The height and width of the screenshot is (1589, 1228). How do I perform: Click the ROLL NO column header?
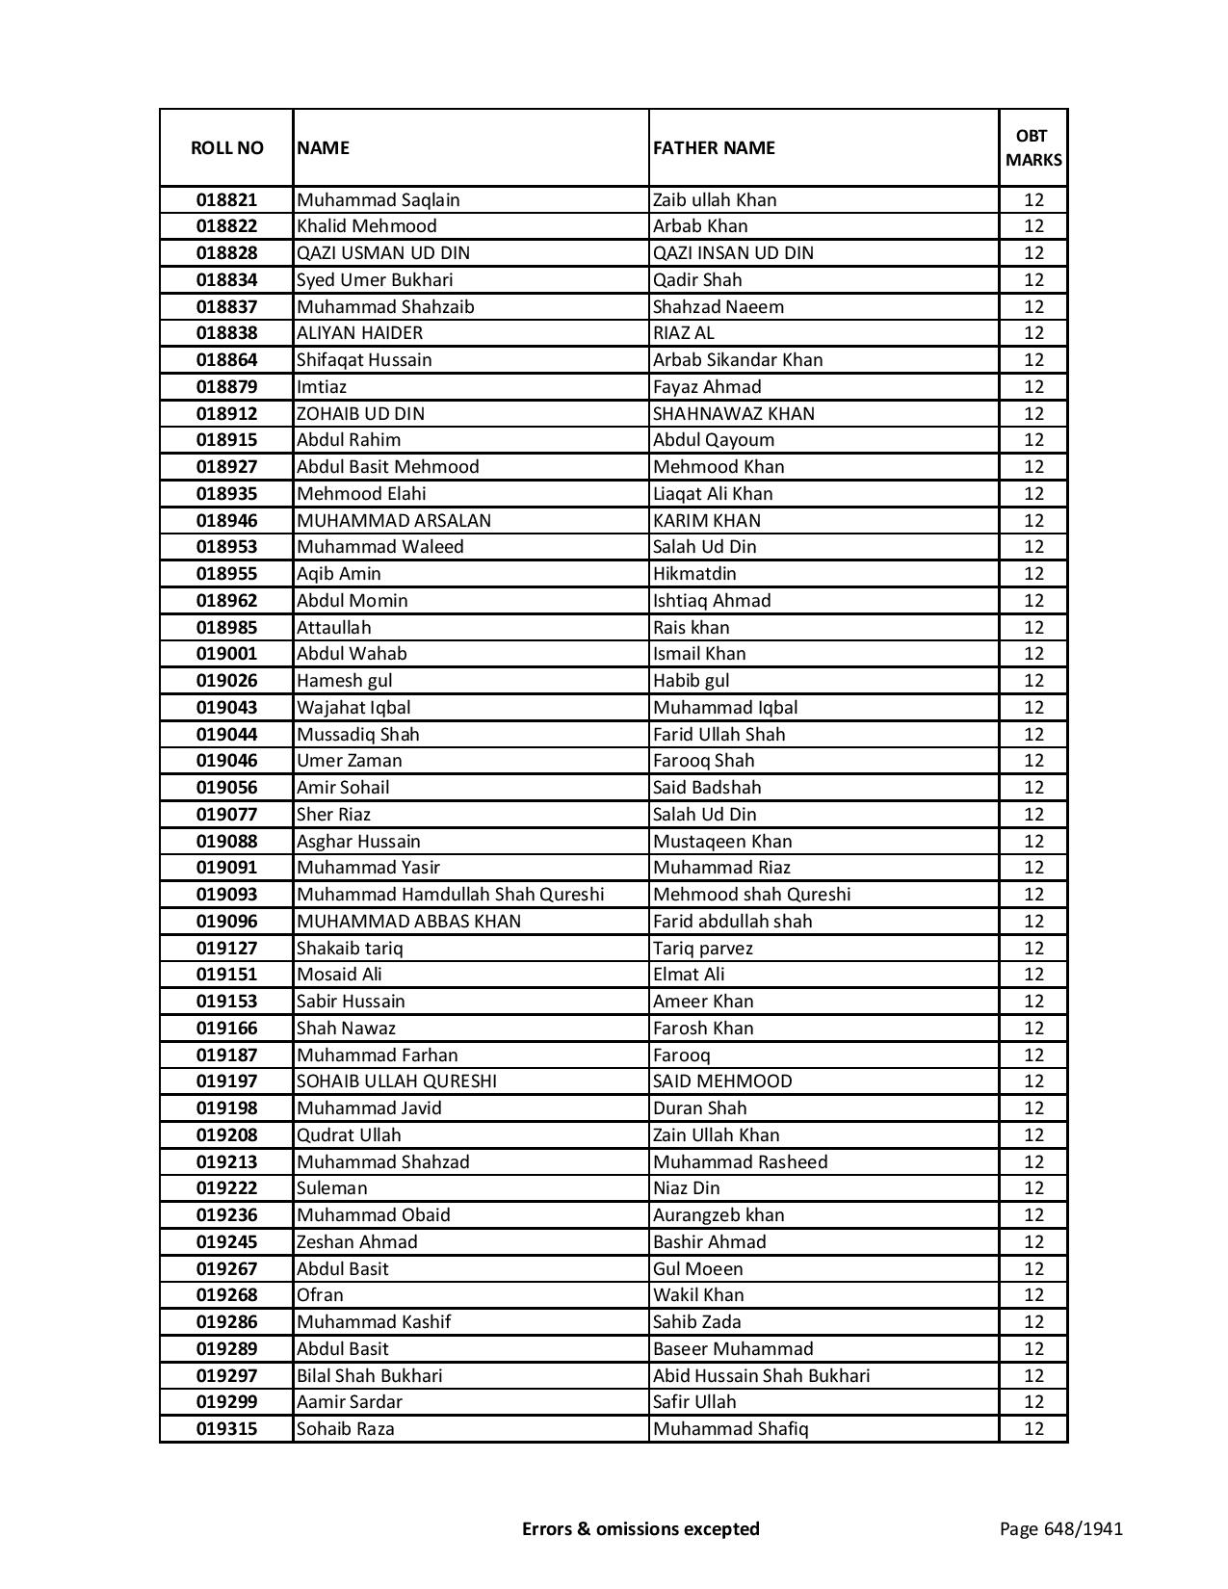pyautogui.click(x=226, y=147)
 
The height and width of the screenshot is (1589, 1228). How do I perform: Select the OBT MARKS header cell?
pyautogui.click(x=1033, y=147)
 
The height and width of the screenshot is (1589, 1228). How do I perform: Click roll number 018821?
pyautogui.click(x=226, y=200)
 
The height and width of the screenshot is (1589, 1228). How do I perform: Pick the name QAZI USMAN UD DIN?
pyautogui.click(x=383, y=253)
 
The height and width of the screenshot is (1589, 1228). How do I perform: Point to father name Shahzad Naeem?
pyautogui.click(x=719, y=307)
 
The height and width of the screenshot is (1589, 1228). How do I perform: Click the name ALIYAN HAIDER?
pyautogui.click(x=359, y=333)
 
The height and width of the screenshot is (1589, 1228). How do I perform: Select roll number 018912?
pyautogui.click(x=226, y=414)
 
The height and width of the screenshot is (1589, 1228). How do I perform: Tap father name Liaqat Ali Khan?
pyautogui.click(x=713, y=494)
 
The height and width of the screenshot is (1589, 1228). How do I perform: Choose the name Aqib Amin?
pyautogui.click(x=339, y=574)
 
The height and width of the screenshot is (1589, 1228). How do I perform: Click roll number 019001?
pyautogui.click(x=226, y=654)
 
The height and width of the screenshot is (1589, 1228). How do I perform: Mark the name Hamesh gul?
pyautogui.click(x=344, y=681)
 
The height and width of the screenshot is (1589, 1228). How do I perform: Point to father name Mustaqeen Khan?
pyautogui.click(x=722, y=842)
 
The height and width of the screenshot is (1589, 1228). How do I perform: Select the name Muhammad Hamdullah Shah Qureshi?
pyautogui.click(x=450, y=895)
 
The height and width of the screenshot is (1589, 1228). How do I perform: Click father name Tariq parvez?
pyautogui.click(x=703, y=949)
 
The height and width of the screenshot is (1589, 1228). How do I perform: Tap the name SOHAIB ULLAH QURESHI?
pyautogui.click(x=397, y=1081)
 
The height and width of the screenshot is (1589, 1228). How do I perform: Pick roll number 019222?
pyautogui.click(x=226, y=1188)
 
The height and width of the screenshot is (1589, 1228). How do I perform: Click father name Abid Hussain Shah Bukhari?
pyautogui.click(x=761, y=1376)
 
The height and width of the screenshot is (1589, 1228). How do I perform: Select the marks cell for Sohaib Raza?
pyautogui.click(x=1033, y=1429)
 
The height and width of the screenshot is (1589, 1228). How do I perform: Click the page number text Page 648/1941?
pyautogui.click(x=1060, y=1528)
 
